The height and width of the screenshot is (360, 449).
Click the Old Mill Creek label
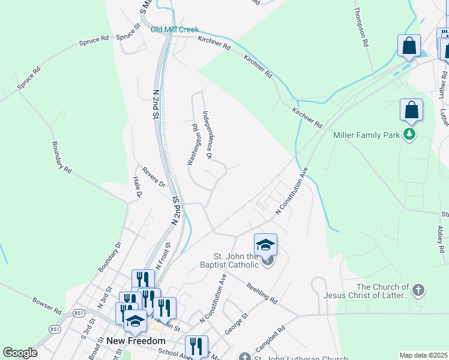pyautogui.click(x=174, y=29)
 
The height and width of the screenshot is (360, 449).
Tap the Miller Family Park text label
pyautogui.click(x=366, y=135)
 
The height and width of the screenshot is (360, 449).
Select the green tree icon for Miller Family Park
pyautogui.click(x=409, y=134)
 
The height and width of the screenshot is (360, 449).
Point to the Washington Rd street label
pyautogui.click(x=193, y=144)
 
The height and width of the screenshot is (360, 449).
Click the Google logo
pyautogui.click(x=20, y=353)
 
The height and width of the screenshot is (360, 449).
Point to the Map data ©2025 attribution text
pyautogui.click(x=424, y=355)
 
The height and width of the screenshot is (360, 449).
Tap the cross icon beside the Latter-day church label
pyautogui.click(x=418, y=290)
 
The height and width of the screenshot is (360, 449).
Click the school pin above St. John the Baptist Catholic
pyautogui.click(x=265, y=245)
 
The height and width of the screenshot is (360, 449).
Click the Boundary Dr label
pyautogui.click(x=110, y=257)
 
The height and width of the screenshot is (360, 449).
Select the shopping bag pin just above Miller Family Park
pyautogui.click(x=411, y=110)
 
